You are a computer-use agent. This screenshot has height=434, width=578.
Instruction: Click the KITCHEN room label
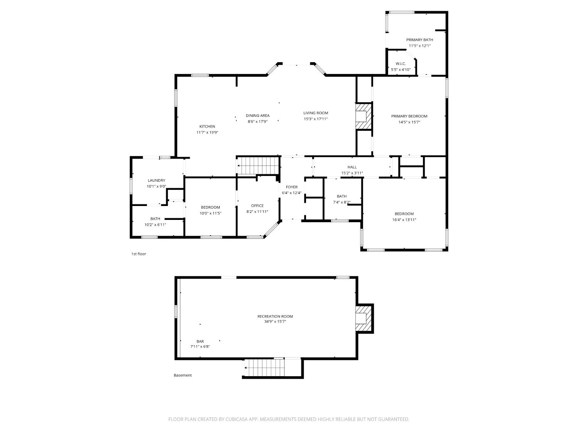click(207, 127)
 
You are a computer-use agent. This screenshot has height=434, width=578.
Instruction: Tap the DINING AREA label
click(257, 115)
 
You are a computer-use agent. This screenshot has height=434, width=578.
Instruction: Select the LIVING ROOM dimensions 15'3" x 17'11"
click(316, 119)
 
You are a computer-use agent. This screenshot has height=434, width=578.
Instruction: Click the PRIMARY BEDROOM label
click(409, 116)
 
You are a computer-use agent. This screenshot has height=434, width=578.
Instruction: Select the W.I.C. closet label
click(401, 64)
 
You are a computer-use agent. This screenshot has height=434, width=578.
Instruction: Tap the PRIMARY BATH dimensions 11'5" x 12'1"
click(419, 46)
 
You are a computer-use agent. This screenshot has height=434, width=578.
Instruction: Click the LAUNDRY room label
click(156, 180)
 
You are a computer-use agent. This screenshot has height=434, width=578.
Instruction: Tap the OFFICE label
click(257, 206)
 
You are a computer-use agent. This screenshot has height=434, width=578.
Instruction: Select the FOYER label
click(291, 187)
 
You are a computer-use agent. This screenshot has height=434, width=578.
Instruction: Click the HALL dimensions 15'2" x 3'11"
click(352, 173)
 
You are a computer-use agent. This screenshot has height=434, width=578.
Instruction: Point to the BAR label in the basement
click(200, 341)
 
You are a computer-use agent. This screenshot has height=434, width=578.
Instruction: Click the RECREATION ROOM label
click(275, 316)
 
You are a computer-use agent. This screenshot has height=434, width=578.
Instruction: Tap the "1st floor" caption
click(139, 254)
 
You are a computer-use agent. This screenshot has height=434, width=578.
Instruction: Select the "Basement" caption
click(183, 375)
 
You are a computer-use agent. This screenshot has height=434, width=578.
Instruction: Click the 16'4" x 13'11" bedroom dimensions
click(404, 220)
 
